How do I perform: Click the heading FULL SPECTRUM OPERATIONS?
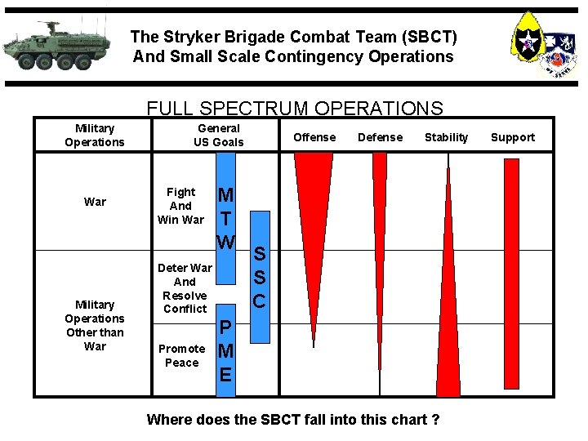click(294, 109)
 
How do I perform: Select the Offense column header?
click(314, 137)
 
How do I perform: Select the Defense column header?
click(380, 137)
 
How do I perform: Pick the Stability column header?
click(446, 137)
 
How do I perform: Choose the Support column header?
click(513, 137)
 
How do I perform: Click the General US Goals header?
click(218, 135)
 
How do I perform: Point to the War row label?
click(95, 202)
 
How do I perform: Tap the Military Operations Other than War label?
click(95, 325)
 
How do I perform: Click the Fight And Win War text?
click(180, 206)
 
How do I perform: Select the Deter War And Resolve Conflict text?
click(185, 288)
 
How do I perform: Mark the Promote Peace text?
click(181, 355)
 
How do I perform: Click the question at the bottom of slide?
click(293, 420)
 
